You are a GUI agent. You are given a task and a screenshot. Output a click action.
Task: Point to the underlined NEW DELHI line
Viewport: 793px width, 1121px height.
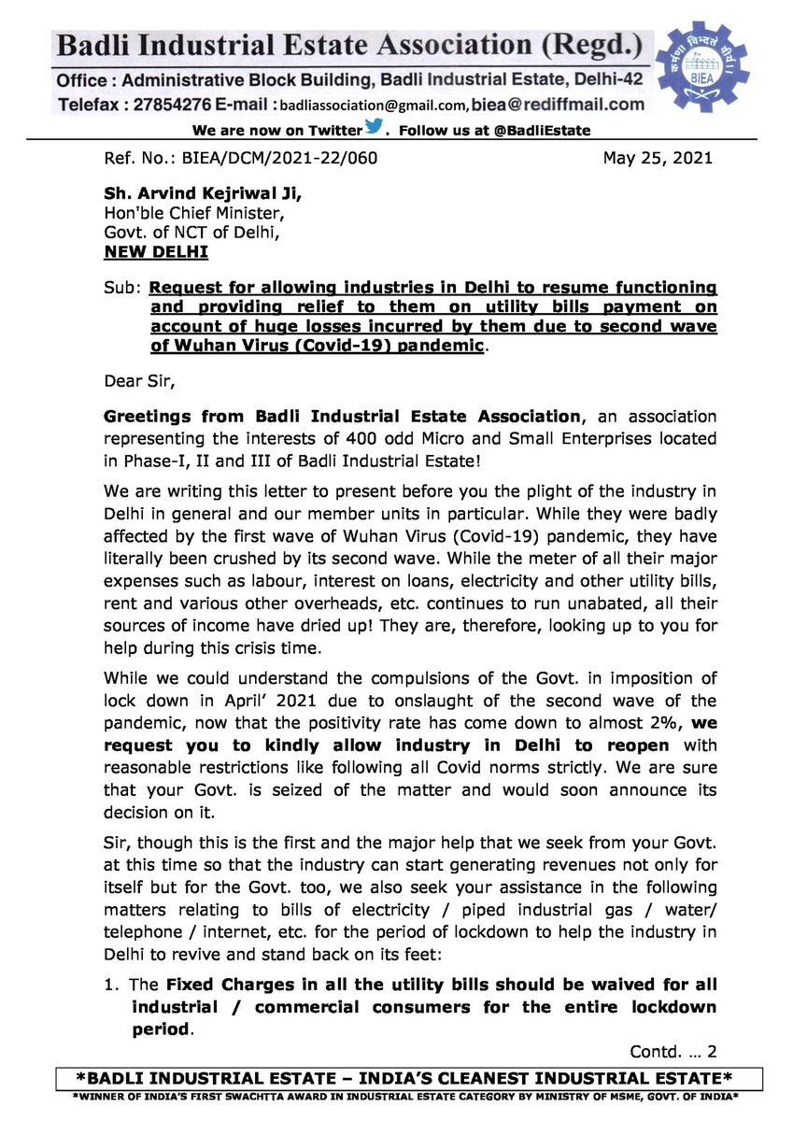(156, 252)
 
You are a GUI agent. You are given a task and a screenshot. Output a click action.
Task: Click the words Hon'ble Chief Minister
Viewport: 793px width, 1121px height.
(187, 214)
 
